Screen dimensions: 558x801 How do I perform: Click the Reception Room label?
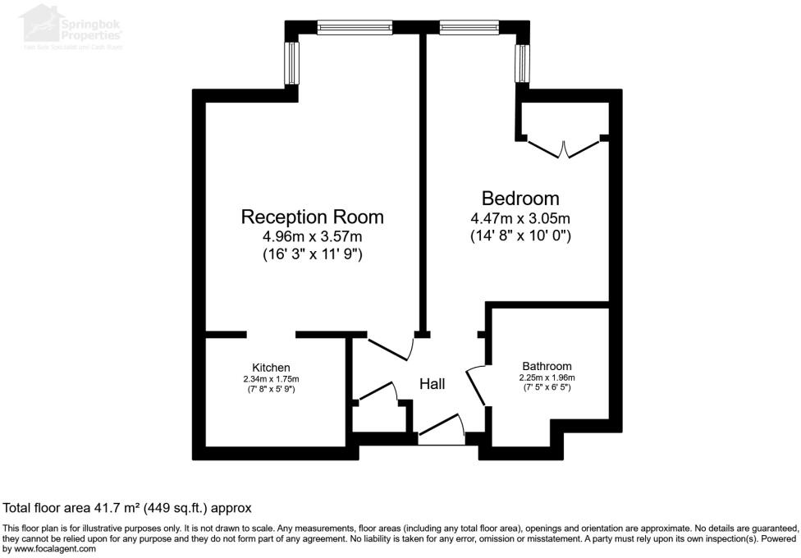click(312, 217)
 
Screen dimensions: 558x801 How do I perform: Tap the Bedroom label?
click(520, 198)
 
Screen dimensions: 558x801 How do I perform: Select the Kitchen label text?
click(271, 367)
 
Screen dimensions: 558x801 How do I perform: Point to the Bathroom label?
click(547, 366)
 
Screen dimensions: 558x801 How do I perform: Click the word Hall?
click(432, 383)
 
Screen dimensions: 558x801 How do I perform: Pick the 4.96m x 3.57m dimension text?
click(312, 236)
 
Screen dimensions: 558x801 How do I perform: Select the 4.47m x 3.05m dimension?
click(520, 218)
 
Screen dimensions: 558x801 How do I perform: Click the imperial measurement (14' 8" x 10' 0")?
click(520, 236)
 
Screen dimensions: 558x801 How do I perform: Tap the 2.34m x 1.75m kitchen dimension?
click(271, 378)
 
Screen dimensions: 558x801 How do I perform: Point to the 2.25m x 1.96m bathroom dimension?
click(547, 377)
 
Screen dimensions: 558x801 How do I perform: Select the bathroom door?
click(476, 385)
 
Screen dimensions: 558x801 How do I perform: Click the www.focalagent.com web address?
click(49, 549)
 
